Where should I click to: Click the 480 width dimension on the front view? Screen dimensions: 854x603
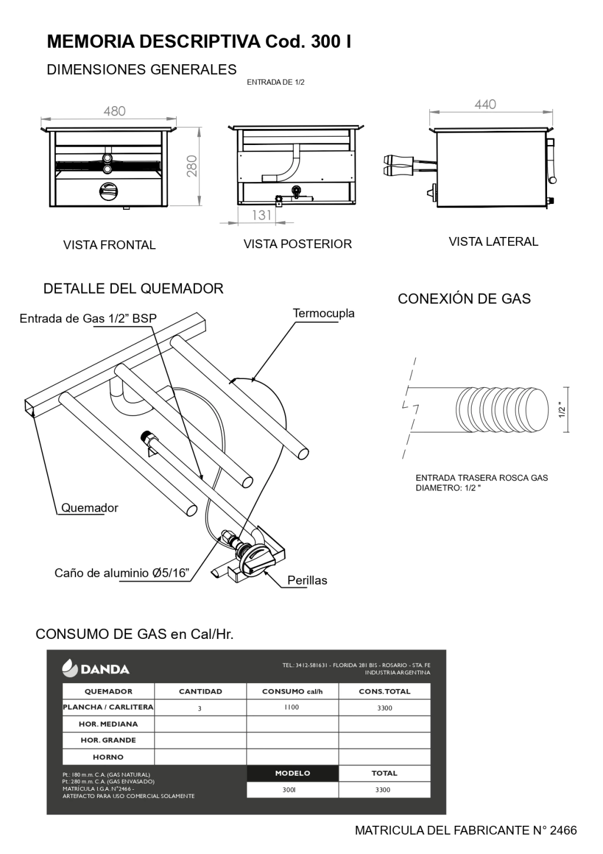114,111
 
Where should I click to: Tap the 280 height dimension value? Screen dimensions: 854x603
192,166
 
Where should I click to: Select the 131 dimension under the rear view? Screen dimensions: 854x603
261,215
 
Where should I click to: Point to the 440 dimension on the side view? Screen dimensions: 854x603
485,104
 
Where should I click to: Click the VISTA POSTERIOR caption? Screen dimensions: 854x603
297,244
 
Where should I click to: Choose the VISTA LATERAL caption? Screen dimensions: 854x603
493,242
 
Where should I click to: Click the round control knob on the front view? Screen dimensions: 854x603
108,192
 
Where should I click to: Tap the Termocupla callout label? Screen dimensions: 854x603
324,314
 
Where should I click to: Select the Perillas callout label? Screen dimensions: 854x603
307,581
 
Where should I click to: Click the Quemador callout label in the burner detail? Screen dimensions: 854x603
90,508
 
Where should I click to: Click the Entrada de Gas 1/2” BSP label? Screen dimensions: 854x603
88,319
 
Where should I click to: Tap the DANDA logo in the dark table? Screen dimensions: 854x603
96,669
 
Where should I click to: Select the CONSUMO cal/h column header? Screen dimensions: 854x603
292,691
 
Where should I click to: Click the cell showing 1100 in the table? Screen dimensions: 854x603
291,707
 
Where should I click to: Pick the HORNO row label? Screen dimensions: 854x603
108,757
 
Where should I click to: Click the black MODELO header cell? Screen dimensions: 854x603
292,773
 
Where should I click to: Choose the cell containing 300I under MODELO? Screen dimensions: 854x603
289,790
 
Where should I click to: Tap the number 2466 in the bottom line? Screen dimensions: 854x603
563,831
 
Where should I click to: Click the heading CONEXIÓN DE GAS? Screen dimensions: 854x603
464,299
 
